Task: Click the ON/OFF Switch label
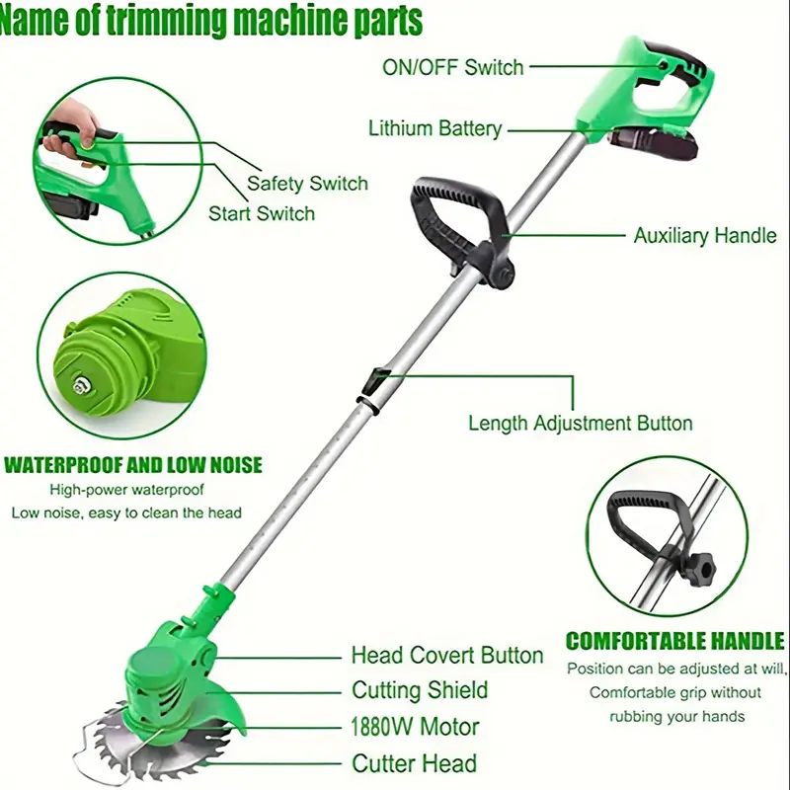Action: point(453,67)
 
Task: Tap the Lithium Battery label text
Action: point(435,128)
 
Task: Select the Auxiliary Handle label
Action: point(705,236)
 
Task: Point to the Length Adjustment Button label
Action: point(581,424)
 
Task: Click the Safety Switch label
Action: point(307,184)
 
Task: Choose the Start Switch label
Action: point(262,213)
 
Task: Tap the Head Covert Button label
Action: point(447,656)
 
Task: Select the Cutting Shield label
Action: point(420,690)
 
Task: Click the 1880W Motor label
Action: point(415,727)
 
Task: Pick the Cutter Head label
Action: point(414,763)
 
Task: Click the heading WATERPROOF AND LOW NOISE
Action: point(133,465)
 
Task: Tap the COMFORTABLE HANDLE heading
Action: point(675,641)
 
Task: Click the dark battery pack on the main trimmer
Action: point(653,142)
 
